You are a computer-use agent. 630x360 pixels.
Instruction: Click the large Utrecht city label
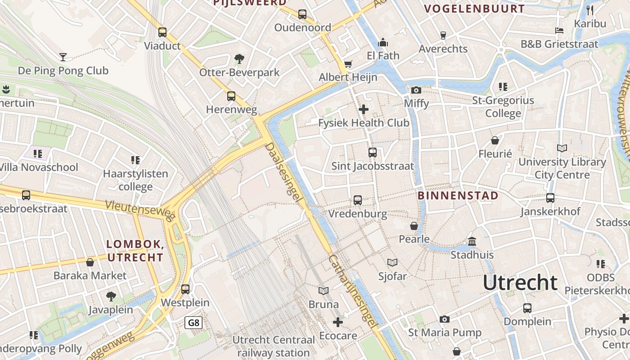[520, 283]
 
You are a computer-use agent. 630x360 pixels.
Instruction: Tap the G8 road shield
[193, 323]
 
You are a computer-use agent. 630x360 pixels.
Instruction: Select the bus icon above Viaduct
[162, 32]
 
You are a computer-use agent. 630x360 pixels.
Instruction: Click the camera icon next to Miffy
[416, 90]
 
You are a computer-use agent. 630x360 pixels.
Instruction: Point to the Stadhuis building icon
[472, 242]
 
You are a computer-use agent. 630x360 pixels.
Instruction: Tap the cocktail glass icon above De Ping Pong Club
[63, 57]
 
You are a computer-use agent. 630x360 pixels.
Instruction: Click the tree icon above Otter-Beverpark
[239, 58]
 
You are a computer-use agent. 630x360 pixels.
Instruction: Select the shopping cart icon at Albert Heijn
[348, 64]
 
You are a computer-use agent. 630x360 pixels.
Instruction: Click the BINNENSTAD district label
[458, 196]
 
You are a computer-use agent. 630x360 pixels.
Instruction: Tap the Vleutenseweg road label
[140, 211]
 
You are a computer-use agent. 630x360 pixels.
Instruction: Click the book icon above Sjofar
[392, 262]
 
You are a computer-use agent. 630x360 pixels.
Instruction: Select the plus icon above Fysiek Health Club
[364, 109]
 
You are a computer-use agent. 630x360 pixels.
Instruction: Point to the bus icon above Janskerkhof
[550, 198]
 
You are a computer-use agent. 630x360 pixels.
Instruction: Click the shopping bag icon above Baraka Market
[90, 262]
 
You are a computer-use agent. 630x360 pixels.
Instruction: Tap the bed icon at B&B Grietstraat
[559, 31]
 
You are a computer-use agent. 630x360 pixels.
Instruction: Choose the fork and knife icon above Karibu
[590, 10]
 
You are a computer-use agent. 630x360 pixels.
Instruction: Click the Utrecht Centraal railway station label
[274, 346]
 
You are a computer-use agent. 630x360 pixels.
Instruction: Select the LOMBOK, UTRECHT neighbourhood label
[135, 251]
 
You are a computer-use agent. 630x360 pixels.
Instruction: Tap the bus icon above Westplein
[185, 289]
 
